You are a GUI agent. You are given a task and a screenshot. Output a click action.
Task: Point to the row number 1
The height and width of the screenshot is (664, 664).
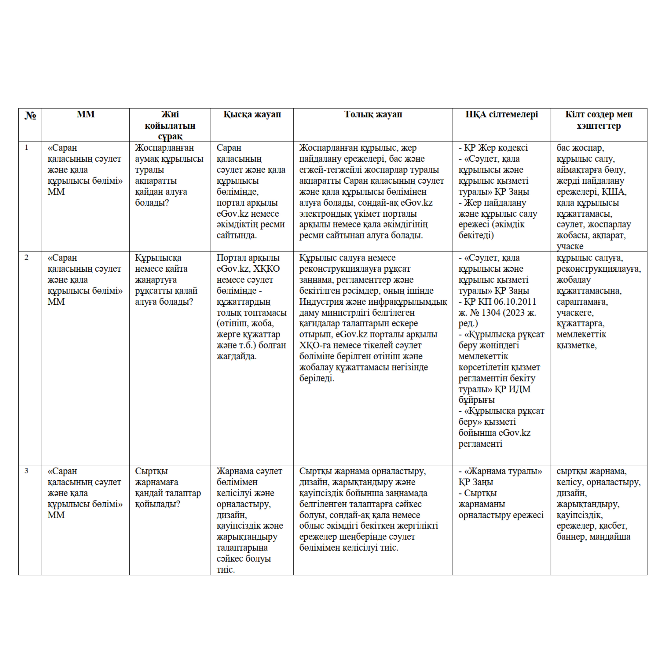pos(26,148)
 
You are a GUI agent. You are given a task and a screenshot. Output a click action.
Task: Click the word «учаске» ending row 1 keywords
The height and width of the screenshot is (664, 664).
pos(570,247)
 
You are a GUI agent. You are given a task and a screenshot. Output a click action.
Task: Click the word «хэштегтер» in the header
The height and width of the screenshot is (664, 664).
pos(599,126)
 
